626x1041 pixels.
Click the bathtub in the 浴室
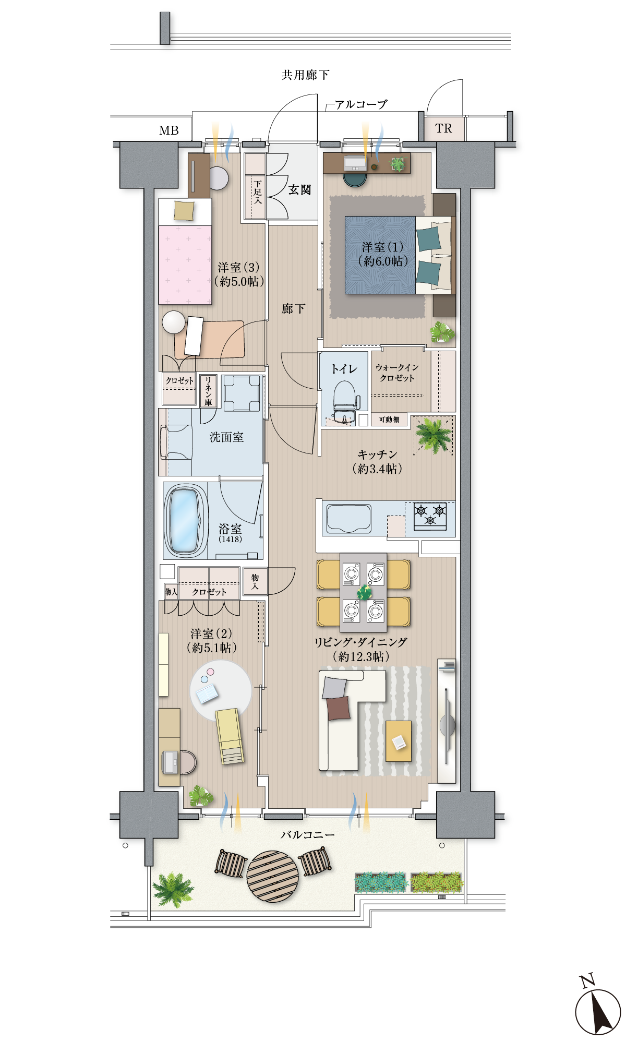click(184, 520)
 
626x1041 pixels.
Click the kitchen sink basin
click(348, 519)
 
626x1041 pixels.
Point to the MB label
click(169, 130)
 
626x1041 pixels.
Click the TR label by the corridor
click(443, 128)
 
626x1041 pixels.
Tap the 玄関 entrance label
click(300, 190)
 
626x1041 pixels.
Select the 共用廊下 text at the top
click(306, 75)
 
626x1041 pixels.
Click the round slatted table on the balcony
click(272, 877)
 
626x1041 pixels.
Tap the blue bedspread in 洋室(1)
click(380, 255)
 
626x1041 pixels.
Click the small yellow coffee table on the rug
click(399, 741)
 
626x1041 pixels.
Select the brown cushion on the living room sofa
click(339, 708)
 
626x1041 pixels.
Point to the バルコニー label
click(308, 835)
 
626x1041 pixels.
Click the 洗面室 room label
click(227, 437)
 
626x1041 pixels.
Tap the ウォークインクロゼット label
click(397, 373)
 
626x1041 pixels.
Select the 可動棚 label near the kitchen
click(389, 420)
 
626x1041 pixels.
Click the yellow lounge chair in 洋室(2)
click(230, 736)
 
